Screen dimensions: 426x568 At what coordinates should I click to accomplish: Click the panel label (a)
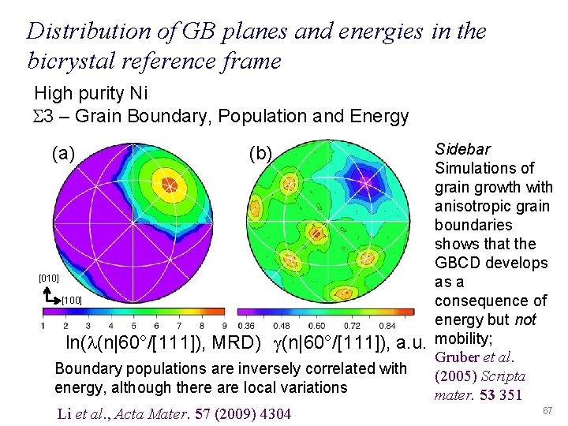pyautogui.click(x=62, y=153)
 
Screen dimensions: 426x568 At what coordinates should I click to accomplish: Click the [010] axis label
pyautogui.click(x=49, y=278)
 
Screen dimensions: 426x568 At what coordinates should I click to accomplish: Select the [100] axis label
pyautogui.click(x=71, y=301)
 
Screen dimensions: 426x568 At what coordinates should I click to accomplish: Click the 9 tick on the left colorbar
pyautogui.click(x=226, y=325)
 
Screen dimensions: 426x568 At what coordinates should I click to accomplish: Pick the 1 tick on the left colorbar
pyautogui.click(x=43, y=325)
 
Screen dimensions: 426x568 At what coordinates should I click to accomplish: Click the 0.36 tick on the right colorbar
pyautogui.click(x=247, y=325)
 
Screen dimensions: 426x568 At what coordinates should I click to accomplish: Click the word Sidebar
pyautogui.click(x=462, y=149)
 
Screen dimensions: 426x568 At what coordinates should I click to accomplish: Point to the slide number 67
pyautogui.click(x=548, y=412)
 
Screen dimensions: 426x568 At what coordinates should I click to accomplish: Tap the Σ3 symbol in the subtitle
pyautogui.click(x=44, y=117)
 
